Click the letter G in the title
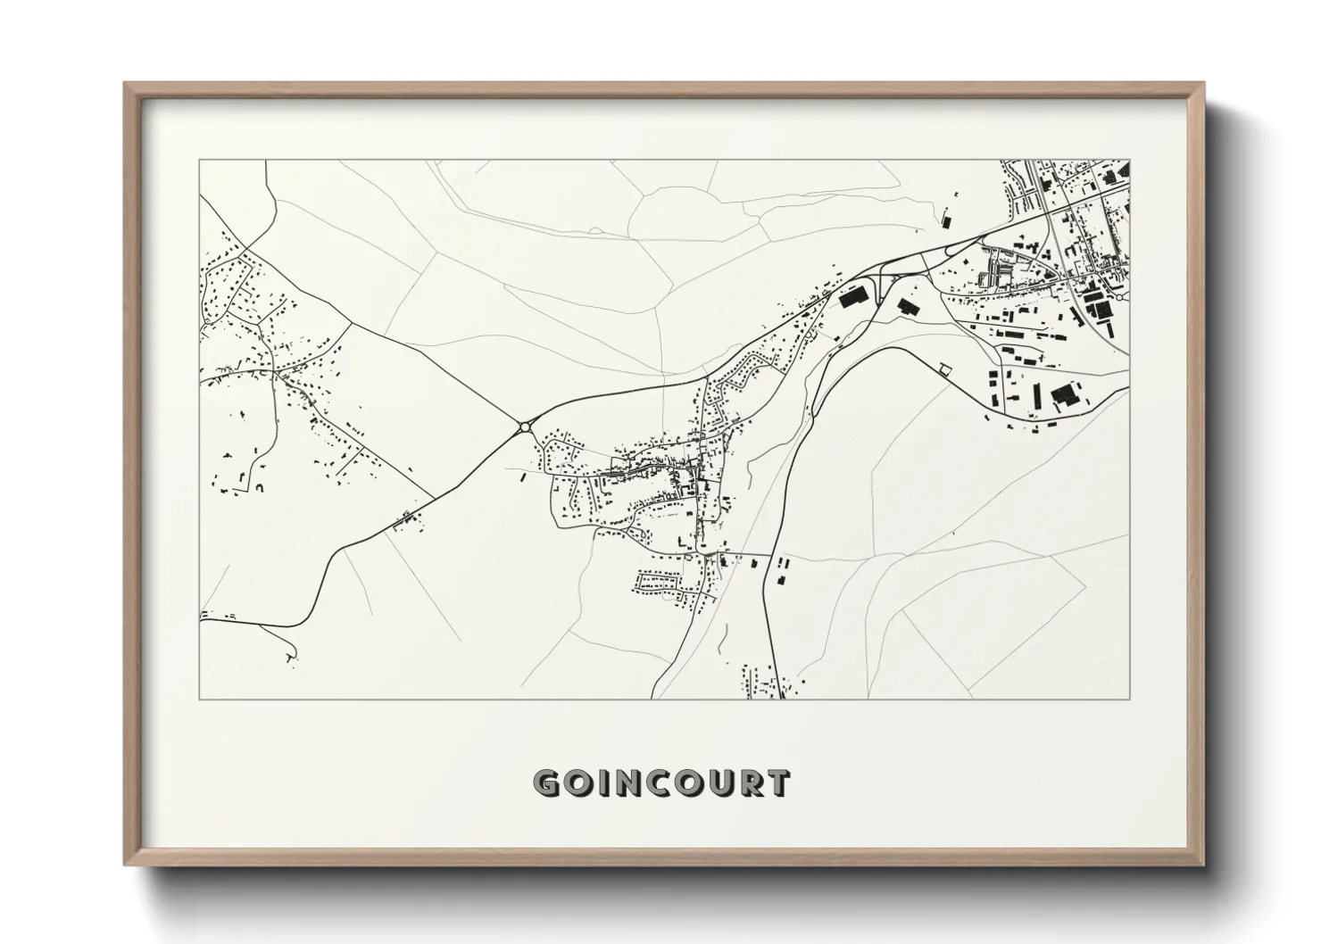[547, 783]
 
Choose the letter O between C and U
[690, 783]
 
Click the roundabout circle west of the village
[524, 427]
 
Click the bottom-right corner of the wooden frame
[1203, 864]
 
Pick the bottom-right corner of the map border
[1130, 699]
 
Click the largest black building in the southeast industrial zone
[1064, 395]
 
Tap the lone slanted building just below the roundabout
[522, 478]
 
